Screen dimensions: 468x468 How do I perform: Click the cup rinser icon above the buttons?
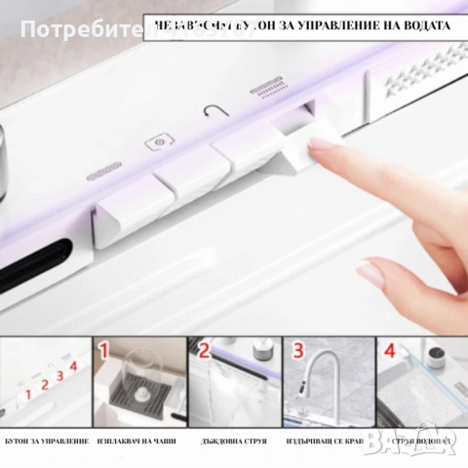155,141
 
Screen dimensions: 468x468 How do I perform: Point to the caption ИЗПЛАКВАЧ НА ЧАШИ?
137,440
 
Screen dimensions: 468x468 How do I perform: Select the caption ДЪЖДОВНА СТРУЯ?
232,440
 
